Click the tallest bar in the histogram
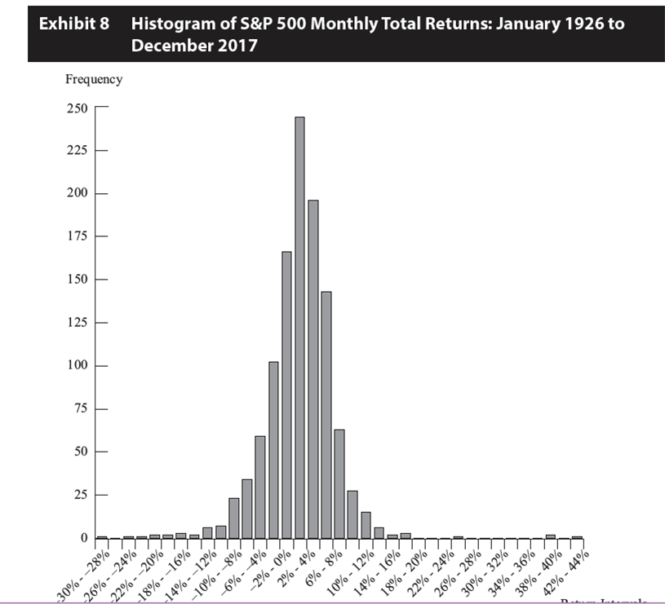[299, 326]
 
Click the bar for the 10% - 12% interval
[366, 525]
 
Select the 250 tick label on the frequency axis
[78, 108]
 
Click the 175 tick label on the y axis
[78, 236]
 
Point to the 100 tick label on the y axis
[78, 365]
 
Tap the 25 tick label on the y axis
[82, 495]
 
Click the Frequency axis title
[94, 79]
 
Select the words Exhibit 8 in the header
[74, 23]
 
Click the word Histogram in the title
[171, 23]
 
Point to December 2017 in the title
[194, 45]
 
